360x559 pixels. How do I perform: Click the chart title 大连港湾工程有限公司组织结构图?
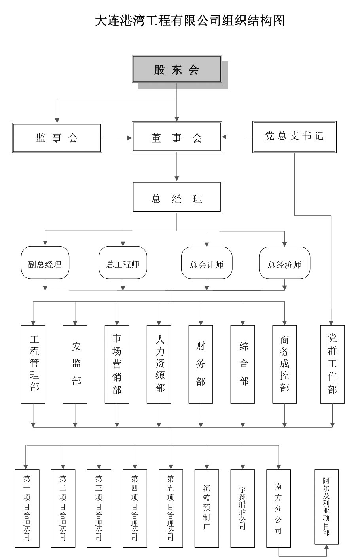tap(189, 20)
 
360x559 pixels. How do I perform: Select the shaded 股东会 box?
tap(176, 70)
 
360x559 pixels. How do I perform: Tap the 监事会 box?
tap(57, 137)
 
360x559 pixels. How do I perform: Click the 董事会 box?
tap(176, 137)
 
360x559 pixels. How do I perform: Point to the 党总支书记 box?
tap(294, 137)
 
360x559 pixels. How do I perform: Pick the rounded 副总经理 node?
tap(45, 263)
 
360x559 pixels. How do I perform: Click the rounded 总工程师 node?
tap(123, 263)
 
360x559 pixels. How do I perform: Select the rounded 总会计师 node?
tap(207, 263)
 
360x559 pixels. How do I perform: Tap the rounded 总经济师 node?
tap(284, 263)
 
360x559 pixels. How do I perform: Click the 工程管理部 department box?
tap(33, 364)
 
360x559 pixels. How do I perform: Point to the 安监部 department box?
tap(75, 364)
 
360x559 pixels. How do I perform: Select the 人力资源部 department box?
tap(159, 364)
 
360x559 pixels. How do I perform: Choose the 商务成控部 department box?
tap(284, 364)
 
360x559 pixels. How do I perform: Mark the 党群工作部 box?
tap(332, 364)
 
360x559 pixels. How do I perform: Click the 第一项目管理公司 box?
tap(27, 508)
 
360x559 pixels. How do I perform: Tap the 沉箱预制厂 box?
tap(207, 508)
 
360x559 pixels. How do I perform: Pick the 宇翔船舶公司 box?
tap(243, 508)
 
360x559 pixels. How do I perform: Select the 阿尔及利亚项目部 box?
tap(326, 506)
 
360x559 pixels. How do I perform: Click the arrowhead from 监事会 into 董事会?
tap(129, 138)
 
